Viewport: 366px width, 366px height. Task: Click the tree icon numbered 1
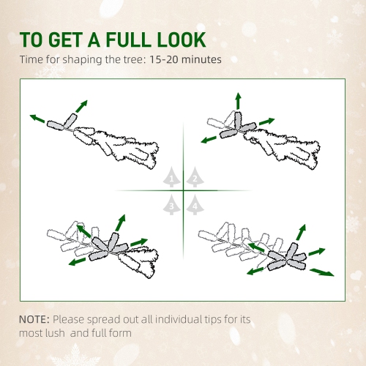click(171, 177)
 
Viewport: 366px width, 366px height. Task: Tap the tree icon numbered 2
click(194, 177)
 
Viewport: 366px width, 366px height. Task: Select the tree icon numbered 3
click(171, 206)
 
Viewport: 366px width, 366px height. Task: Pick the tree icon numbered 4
click(194, 206)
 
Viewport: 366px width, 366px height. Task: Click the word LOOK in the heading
click(179, 40)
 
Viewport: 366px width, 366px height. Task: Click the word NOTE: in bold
click(34, 320)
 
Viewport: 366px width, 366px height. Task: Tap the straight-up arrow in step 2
click(238, 100)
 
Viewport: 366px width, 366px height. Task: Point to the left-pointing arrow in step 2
click(208, 138)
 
